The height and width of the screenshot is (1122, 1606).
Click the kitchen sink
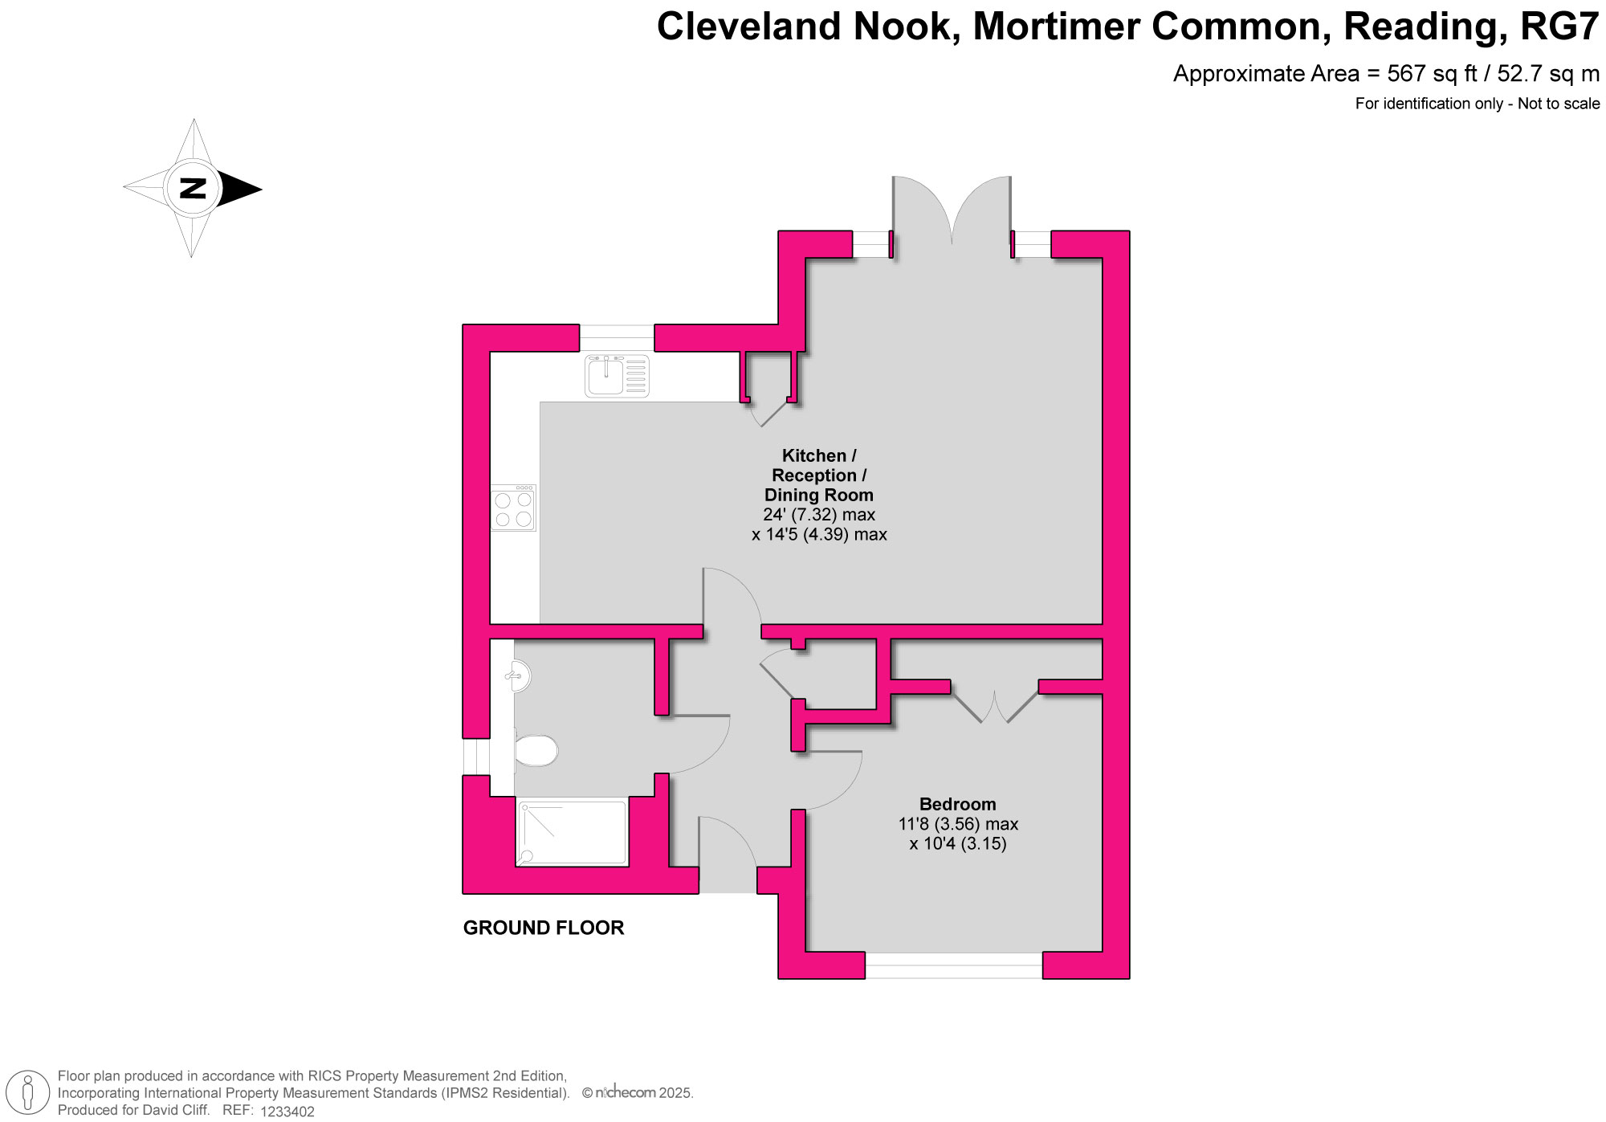pyautogui.click(x=617, y=376)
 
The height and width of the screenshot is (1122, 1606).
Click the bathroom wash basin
pyautogui.click(x=517, y=675)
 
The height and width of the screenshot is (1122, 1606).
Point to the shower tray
pyautogui.click(x=572, y=832)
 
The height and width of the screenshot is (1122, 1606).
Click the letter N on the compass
pyautogui.click(x=193, y=189)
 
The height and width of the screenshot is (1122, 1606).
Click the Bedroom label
pyautogui.click(x=957, y=804)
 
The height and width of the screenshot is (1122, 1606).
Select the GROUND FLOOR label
pyautogui.click(x=544, y=928)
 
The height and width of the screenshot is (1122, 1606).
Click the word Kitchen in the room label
pyautogui.click(x=813, y=456)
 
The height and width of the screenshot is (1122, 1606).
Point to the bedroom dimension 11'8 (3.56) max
pyautogui.click(x=958, y=824)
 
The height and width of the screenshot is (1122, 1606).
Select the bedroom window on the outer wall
pyautogui.click(x=953, y=965)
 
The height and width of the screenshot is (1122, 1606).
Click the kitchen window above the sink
pyautogui.click(x=617, y=337)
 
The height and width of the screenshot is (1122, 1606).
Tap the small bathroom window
pyautogui.click(x=476, y=756)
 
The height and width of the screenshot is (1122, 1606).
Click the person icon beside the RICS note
pyautogui.click(x=29, y=1093)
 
